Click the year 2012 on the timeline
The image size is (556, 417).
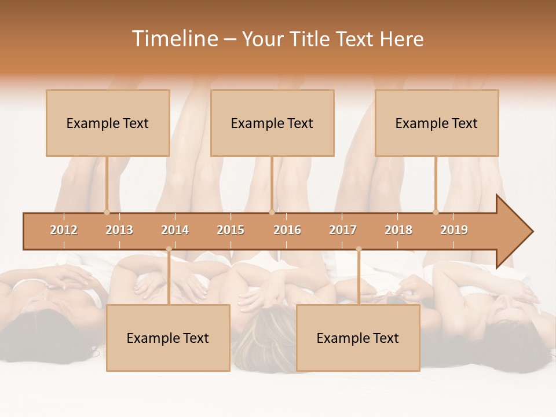pos(64,230)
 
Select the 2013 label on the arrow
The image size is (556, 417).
pos(119,230)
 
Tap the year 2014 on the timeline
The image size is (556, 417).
pos(175,230)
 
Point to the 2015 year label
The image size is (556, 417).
pos(231,230)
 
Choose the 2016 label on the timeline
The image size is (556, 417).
pos(287,230)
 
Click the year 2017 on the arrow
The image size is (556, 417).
pos(343,230)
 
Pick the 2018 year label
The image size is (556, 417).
pos(398,230)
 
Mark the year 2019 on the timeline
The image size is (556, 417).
pos(454,230)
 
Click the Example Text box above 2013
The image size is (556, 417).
pos(108,123)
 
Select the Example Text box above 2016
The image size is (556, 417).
pos(272,123)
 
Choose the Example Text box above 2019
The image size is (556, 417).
pos(437,123)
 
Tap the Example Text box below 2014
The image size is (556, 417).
pos(168,338)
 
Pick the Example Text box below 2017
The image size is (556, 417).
pos(358,338)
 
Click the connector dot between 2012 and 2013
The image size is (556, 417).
pos(107,212)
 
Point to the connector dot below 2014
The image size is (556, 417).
pos(169,249)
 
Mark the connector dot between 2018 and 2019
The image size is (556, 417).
pos(436,212)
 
